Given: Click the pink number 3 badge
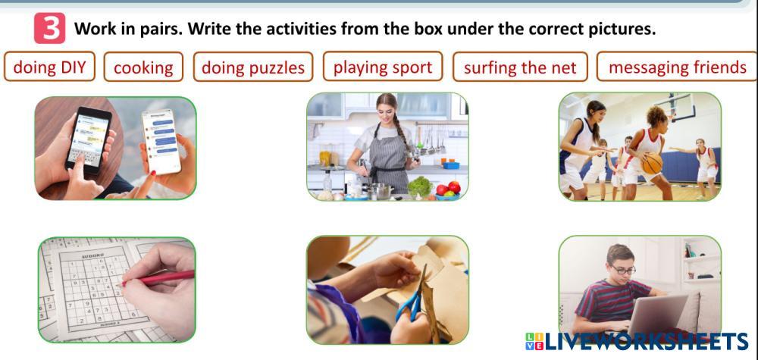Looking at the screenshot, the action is pyautogui.click(x=49, y=28).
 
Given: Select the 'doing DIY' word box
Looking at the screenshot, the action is pyautogui.click(x=49, y=67).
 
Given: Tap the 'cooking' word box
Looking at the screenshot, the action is pyautogui.click(x=143, y=67).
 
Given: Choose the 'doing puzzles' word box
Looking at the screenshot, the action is pyautogui.click(x=253, y=67).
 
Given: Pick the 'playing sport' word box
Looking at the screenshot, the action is pyautogui.click(x=382, y=67).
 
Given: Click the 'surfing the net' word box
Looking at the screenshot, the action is pyautogui.click(x=520, y=67).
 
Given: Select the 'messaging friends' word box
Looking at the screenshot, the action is pyautogui.click(x=677, y=67).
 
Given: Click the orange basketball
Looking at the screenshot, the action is pyautogui.click(x=652, y=164).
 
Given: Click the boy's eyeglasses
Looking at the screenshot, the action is pyautogui.click(x=622, y=270).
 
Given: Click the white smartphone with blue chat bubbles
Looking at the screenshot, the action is pyautogui.click(x=161, y=141).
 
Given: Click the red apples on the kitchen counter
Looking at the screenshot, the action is pyautogui.click(x=449, y=188).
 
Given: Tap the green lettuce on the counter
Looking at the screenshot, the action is pyautogui.click(x=420, y=187).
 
